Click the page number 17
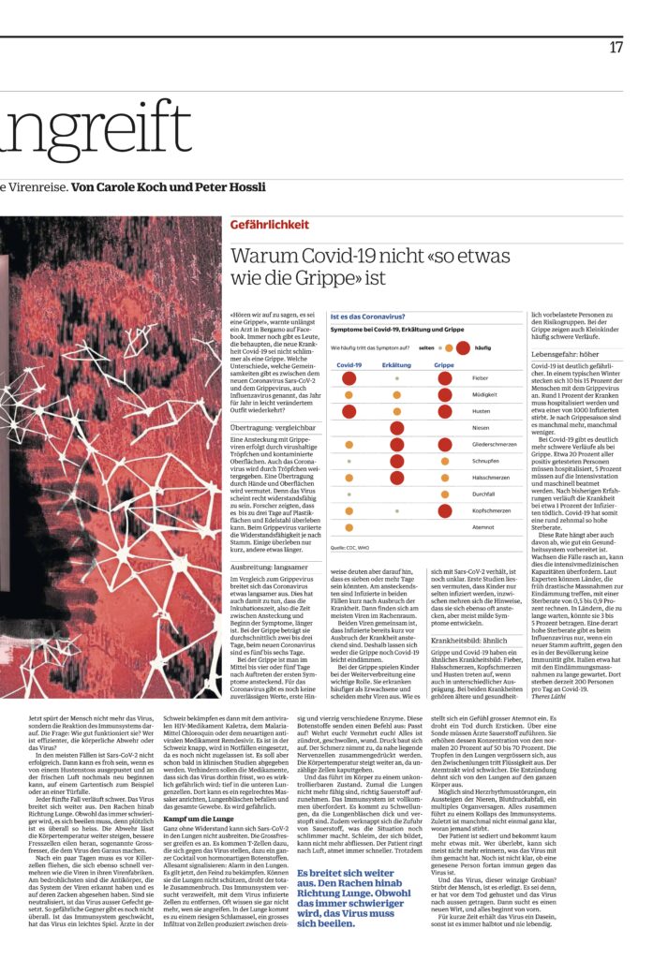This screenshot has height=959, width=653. [x=616, y=47]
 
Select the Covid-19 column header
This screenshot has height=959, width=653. [x=349, y=364]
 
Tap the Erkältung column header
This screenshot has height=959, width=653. [x=396, y=364]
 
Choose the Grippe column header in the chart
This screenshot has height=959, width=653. [x=444, y=364]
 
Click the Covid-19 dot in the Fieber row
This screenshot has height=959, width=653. [x=349, y=378]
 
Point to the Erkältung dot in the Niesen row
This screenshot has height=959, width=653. [x=396, y=428]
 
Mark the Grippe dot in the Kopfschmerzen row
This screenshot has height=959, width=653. [x=444, y=510]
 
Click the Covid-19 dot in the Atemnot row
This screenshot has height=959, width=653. [x=349, y=527]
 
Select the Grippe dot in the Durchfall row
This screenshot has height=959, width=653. [x=444, y=494]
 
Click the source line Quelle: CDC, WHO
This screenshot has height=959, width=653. [x=349, y=546]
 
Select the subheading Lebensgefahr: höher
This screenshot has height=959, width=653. [x=566, y=354]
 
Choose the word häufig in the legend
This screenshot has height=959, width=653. [x=483, y=347]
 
